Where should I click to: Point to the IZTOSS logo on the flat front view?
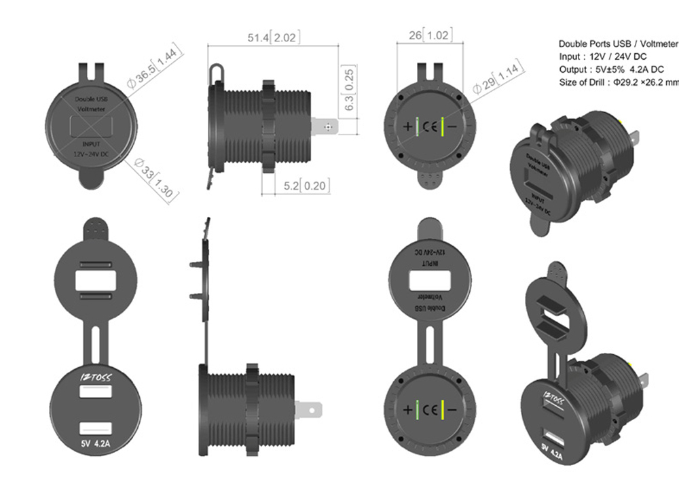[91, 375]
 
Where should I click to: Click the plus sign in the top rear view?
[407, 126]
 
